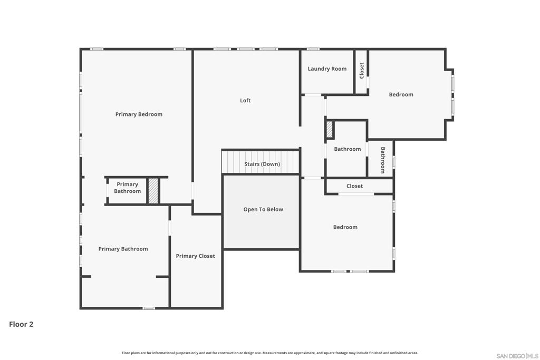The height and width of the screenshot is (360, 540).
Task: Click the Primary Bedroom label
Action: click(139, 114)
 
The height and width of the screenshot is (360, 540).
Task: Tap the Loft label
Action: click(245, 101)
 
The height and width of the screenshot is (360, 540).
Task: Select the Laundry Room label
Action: click(327, 69)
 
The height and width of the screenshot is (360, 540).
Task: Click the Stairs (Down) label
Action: click(262, 164)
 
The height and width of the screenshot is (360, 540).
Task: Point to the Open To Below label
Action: click(263, 209)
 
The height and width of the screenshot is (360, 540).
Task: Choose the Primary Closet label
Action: click(195, 256)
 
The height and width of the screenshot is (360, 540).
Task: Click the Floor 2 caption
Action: click(21, 324)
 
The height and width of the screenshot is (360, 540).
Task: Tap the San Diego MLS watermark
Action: click(517, 356)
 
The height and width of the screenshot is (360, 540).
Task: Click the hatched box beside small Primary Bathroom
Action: click(153, 191)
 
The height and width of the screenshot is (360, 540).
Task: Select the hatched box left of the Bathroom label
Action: click(330, 130)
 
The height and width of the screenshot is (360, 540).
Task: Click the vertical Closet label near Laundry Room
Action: click(362, 71)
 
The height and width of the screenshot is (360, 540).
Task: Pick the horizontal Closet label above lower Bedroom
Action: click(354, 186)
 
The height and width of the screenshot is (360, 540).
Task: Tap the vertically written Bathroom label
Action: click(383, 160)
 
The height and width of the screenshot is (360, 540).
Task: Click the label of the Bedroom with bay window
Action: click(401, 95)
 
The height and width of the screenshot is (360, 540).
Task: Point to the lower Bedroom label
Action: click(345, 227)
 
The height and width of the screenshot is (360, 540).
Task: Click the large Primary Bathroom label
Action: click(123, 249)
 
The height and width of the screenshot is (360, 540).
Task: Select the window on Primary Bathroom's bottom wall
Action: click(149, 308)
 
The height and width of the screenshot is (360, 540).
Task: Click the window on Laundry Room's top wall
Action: click(313, 49)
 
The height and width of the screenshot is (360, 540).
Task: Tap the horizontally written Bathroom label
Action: click(348, 149)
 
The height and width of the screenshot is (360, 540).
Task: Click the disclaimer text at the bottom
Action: click(270, 353)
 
